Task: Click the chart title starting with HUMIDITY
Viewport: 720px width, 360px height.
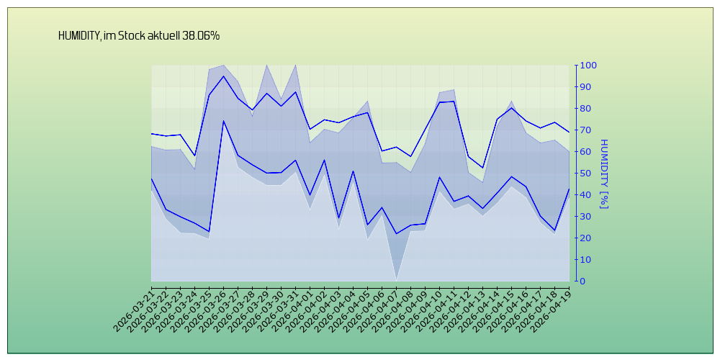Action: tap(139, 35)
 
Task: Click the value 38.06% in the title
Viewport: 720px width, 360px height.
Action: tap(201, 35)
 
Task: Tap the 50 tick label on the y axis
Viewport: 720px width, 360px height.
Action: tap(586, 174)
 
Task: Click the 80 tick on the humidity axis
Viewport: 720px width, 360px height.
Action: tap(586, 109)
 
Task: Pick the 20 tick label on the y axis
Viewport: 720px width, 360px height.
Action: tap(586, 238)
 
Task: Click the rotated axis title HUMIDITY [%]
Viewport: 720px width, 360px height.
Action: tap(603, 174)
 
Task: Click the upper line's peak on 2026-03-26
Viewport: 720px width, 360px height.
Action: tap(223, 76)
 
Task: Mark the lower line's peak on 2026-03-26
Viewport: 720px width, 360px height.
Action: tap(223, 120)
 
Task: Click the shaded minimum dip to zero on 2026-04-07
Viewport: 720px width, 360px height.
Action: tap(396, 279)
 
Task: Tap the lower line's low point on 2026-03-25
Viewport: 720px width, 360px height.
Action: tap(209, 231)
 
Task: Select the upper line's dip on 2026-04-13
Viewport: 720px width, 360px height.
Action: tap(482, 168)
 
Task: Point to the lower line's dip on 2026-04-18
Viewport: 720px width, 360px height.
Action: tap(554, 230)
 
